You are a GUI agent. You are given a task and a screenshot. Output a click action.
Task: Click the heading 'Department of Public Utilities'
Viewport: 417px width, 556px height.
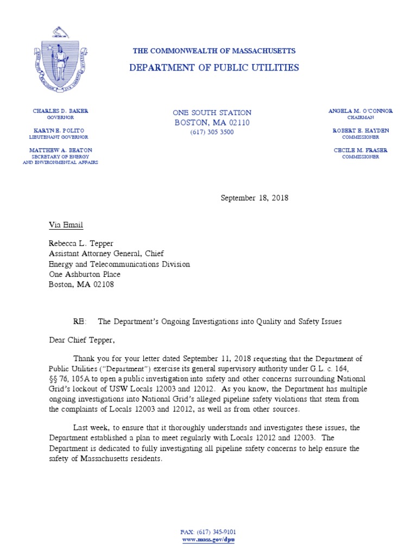click(214, 68)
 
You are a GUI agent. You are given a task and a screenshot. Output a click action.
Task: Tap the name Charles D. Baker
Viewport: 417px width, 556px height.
click(60, 111)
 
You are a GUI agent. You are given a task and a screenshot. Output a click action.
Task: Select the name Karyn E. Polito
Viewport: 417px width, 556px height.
click(60, 131)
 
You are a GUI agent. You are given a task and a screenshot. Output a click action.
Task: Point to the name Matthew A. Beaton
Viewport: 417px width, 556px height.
click(60, 150)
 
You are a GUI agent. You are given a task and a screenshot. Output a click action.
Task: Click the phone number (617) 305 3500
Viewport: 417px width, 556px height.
click(212, 132)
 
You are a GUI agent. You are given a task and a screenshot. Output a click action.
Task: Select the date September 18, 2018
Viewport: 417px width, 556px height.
click(254, 198)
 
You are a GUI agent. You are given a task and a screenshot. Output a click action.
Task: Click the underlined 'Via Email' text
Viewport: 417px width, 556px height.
click(66, 225)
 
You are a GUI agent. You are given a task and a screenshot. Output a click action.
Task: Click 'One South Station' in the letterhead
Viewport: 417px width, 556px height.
click(212, 112)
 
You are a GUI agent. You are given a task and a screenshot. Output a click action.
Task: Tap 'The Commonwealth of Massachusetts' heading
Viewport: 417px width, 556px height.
click(214, 51)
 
